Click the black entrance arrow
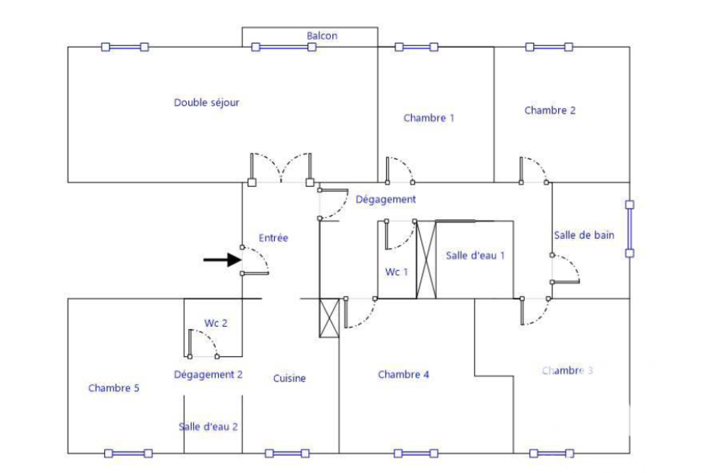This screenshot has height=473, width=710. point(222,260)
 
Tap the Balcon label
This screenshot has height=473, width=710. point(322,35)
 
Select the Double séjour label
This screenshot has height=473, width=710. point(207,103)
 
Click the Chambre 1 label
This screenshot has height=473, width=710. point(429,118)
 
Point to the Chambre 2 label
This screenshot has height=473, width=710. point(550,111)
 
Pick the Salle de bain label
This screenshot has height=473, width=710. point(584,235)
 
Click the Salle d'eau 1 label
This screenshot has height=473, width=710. point(475,255)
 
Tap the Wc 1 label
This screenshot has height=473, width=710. point(397,272)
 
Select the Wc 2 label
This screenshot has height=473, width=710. point(216,323)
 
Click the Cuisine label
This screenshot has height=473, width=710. point(290,379)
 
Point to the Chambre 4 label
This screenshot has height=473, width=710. point(403,374)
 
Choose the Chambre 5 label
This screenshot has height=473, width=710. point(114,388)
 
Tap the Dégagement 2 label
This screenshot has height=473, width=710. point(208,374)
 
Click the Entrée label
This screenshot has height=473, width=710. point(273,238)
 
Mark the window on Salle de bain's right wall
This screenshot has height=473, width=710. point(629,228)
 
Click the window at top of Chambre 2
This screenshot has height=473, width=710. point(549,47)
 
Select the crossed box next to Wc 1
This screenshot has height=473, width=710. point(425,260)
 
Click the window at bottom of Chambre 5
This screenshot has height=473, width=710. point(129,453)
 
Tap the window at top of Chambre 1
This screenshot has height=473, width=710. point(416,47)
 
